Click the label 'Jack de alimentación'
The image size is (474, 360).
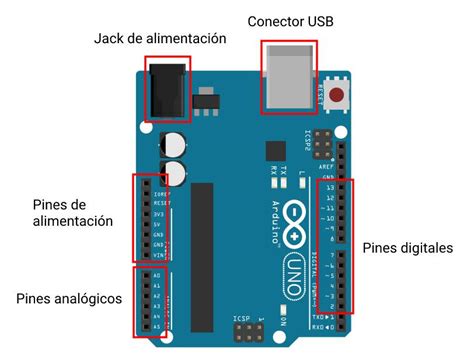[160, 39]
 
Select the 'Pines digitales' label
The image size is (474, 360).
[408, 247]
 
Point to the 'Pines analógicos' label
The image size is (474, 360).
[69, 298]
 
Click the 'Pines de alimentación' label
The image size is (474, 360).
[72, 212]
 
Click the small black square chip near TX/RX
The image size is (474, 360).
[274, 150]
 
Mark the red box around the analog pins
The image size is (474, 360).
[147, 299]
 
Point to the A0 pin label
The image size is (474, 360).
[157, 275]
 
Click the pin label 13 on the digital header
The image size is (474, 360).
[329, 187]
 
